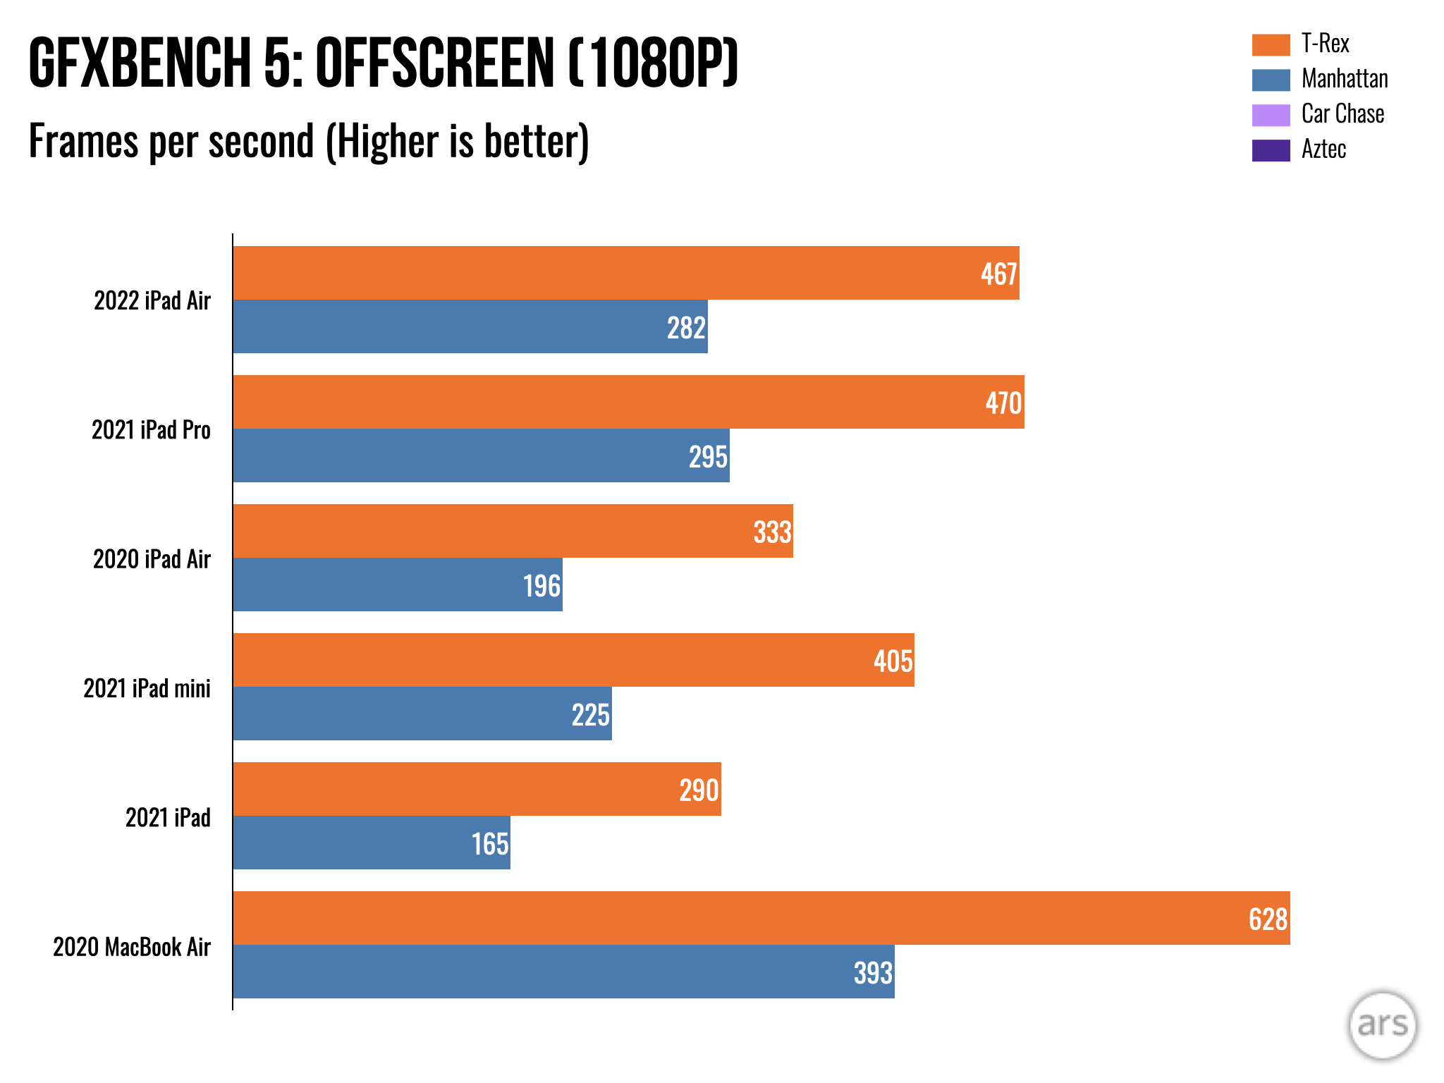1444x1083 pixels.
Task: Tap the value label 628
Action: coord(1268,919)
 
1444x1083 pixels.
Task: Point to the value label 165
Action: coord(489,844)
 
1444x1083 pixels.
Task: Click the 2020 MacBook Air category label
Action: coord(132,947)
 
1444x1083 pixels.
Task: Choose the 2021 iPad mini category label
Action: coord(147,688)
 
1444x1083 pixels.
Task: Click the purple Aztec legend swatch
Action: coord(1271,150)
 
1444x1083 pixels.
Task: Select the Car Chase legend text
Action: coord(1342,114)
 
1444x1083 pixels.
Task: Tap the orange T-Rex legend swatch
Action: coord(1271,44)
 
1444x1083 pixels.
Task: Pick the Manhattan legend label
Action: coord(1345,79)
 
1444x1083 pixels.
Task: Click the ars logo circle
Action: coord(1382,1024)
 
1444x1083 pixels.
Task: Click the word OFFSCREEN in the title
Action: coord(434,63)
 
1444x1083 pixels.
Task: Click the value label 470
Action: coord(1003,403)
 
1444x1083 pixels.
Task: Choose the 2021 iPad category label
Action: coord(168,818)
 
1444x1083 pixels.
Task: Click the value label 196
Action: coord(541,586)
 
